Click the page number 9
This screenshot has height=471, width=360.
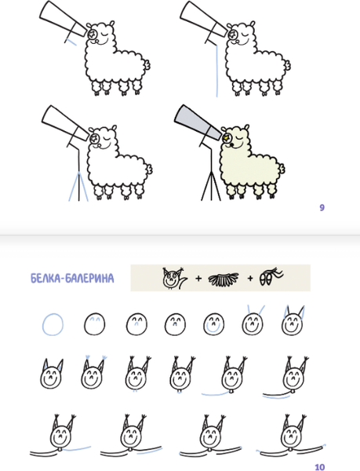coord(322,207)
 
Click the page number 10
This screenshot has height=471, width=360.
coord(320,467)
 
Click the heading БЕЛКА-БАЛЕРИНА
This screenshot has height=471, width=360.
coord(72,279)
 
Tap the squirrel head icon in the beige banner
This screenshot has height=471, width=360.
coord(174,278)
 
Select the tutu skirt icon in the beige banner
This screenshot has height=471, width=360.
coord(224,279)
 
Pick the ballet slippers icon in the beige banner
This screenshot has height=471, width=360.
coord(271,276)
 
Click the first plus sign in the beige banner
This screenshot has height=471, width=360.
coord(198,279)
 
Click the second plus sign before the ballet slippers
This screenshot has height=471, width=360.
coord(250,279)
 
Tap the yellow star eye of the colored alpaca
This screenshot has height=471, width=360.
coord(226,138)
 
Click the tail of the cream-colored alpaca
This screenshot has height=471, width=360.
coord(282,169)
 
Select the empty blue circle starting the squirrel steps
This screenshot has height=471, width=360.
coord(53,324)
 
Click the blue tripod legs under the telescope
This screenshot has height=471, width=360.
coord(78,187)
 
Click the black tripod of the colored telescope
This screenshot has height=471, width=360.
coord(211,185)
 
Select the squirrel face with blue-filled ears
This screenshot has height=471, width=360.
coord(51,374)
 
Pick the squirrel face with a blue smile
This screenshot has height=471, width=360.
coord(213,323)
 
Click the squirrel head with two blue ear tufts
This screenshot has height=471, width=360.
coord(93,373)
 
